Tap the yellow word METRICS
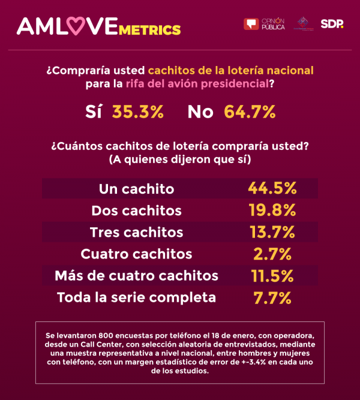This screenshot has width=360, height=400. [x=149, y=29]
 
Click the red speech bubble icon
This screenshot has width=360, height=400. [x=251, y=24]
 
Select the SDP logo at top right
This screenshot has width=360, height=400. [x=332, y=24]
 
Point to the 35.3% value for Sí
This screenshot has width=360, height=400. [x=138, y=112]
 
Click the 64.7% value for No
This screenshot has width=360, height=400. [x=250, y=112]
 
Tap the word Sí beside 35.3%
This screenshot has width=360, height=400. [x=94, y=112]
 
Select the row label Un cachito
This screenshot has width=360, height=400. [x=136, y=189]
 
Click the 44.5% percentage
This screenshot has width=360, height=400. [x=272, y=188]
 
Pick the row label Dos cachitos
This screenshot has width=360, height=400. [x=136, y=210]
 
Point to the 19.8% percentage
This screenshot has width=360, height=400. [x=272, y=210]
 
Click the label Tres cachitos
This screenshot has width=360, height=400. [x=136, y=232]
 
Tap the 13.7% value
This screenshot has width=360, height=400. [x=272, y=231]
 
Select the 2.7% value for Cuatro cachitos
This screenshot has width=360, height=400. [x=272, y=254]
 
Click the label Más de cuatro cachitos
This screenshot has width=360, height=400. [x=136, y=275]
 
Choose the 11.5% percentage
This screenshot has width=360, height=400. [x=272, y=275]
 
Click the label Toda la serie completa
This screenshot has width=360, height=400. [x=136, y=297]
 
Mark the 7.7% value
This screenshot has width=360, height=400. [x=272, y=297]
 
